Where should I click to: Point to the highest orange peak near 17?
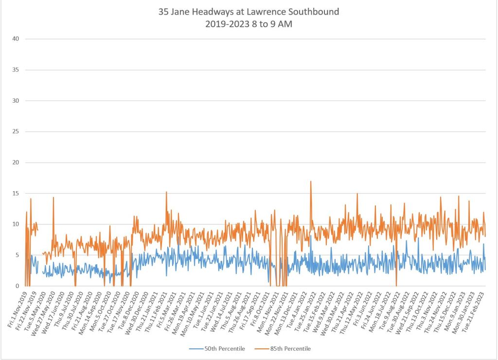310,181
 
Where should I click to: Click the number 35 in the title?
163,12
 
